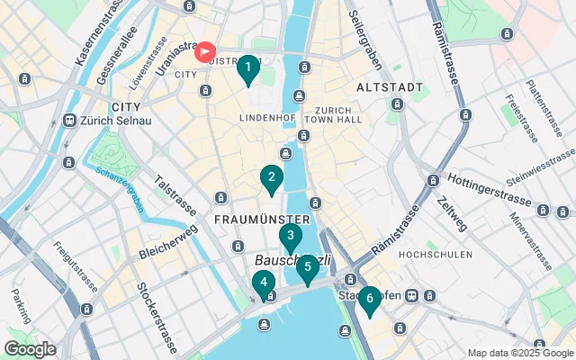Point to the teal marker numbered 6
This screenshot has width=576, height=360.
[x=369, y=300]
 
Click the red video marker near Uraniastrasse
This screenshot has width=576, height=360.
[x=206, y=52]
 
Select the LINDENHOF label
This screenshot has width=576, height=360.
[x=266, y=118]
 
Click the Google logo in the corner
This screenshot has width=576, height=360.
[x=30, y=349]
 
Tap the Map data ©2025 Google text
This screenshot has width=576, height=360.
[x=519, y=352]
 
